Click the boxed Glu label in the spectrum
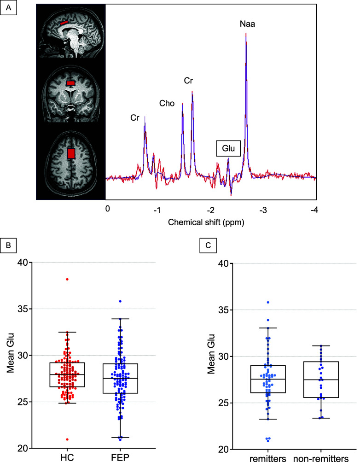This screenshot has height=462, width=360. (228, 148)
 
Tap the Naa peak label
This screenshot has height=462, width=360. (247, 24)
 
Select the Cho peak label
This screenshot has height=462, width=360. (167, 103)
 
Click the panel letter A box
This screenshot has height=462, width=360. (9, 7)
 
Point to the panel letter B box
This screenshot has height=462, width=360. (9, 245)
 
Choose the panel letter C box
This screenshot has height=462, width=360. (208, 245)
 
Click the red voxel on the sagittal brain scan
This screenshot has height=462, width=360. (64, 23)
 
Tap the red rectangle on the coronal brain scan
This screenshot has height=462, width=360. (70, 83)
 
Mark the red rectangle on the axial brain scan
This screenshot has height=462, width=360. (71, 153)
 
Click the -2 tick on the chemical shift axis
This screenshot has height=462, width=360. (210, 210)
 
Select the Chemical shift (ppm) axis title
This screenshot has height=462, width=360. (206, 222)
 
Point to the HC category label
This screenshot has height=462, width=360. (67, 457)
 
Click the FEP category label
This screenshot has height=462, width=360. (120, 457)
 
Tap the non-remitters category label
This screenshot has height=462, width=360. (321, 458)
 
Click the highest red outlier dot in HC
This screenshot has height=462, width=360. (67, 279)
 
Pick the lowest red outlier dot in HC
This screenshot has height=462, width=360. (67, 439)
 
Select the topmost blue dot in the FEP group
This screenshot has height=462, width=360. (120, 301)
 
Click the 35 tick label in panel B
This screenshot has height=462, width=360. (22, 309)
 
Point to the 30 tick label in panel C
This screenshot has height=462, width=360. (223, 357)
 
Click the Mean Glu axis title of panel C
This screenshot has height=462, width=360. (211, 354)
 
